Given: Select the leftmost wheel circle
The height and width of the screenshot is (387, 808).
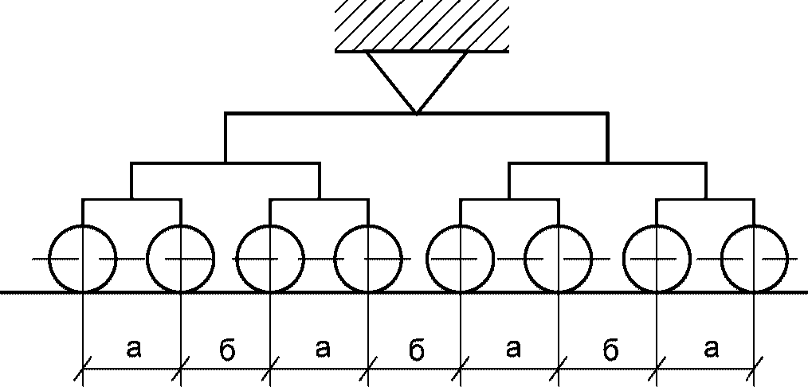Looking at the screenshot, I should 83,259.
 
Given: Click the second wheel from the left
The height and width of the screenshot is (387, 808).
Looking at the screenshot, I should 181,259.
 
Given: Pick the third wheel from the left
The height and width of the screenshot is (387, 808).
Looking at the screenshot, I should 271,259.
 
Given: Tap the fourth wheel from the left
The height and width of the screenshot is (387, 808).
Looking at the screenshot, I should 367,259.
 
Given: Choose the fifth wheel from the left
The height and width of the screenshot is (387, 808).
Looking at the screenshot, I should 461,259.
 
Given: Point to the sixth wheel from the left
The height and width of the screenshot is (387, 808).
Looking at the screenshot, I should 558,259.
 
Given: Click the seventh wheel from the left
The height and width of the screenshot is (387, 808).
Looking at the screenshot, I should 657,259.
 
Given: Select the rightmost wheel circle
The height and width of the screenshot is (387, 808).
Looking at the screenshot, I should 754,259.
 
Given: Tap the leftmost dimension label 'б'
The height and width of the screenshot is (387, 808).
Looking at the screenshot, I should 226,348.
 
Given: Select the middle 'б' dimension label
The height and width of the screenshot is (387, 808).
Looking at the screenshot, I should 415,348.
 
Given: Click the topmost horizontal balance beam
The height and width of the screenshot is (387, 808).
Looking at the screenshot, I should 416,114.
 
